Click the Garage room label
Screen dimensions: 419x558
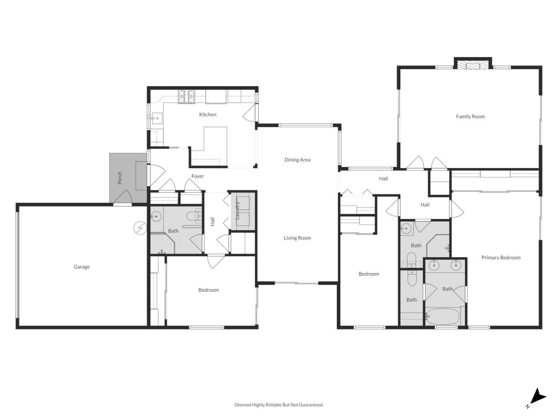[81, 267]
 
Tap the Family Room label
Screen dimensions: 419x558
[470, 116]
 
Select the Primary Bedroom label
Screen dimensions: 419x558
[501, 258]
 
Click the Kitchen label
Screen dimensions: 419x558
[208, 114]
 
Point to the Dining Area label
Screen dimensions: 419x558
[297, 160]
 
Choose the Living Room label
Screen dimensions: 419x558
[297, 238]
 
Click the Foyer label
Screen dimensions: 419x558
[198, 176]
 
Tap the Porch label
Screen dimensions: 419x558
[120, 178]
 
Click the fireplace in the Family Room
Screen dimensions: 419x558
[472, 64]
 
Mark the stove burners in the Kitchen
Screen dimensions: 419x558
[186, 97]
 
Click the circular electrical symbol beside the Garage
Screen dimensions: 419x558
[139, 228]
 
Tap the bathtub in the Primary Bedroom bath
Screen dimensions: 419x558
[443, 317]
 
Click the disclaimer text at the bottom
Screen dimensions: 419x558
[279, 405]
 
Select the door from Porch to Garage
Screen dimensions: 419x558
[123, 199]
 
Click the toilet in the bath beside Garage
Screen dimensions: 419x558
[194, 216]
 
